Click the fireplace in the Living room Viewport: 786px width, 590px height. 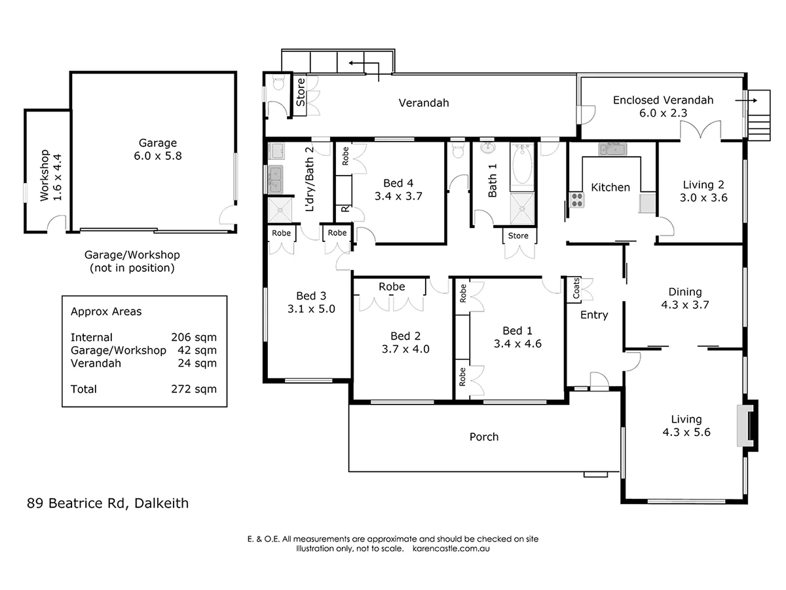point(745,425)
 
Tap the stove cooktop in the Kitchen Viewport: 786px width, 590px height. point(576,200)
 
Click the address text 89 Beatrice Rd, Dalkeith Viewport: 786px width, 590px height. point(107,503)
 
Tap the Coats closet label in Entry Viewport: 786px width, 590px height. point(576,289)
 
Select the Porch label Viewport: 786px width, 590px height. point(484,437)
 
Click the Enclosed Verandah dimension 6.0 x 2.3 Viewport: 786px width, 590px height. point(663,113)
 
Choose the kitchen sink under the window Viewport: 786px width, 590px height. point(612,149)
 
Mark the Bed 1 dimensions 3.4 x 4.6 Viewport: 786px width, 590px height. point(517,343)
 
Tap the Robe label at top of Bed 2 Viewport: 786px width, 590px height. point(392,286)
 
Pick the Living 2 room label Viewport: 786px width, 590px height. point(703,184)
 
